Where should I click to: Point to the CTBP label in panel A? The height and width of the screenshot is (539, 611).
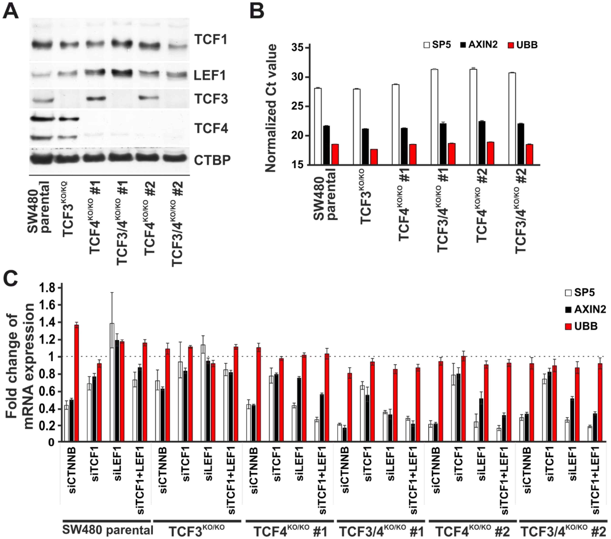[x=212, y=160]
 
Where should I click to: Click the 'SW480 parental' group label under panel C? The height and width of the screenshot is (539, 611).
[x=108, y=530]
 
